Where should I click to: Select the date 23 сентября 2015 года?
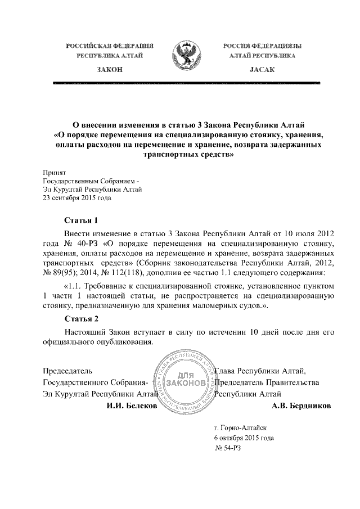(x=77, y=197)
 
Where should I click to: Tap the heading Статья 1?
(x=82, y=220)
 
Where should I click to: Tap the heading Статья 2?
(x=82, y=319)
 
